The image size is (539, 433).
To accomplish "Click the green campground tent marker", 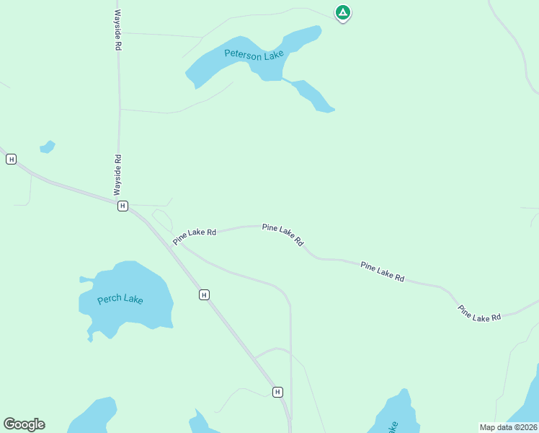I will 343,12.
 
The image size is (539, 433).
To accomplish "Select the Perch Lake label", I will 120,299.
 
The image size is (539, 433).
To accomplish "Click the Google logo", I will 24,424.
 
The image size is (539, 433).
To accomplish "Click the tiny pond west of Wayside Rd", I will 48,147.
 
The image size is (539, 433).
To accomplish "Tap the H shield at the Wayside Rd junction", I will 122,206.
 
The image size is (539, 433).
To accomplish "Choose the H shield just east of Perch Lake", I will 205,294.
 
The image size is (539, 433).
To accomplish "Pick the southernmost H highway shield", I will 277,392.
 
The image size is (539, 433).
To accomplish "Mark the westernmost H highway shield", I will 11,159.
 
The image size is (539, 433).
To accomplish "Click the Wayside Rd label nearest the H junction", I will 117,175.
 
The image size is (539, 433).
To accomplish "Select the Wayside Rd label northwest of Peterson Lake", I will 117,30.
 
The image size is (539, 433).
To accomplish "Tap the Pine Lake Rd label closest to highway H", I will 195,235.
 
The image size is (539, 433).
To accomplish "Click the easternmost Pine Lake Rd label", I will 478,312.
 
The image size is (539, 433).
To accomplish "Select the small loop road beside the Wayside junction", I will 162,219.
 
